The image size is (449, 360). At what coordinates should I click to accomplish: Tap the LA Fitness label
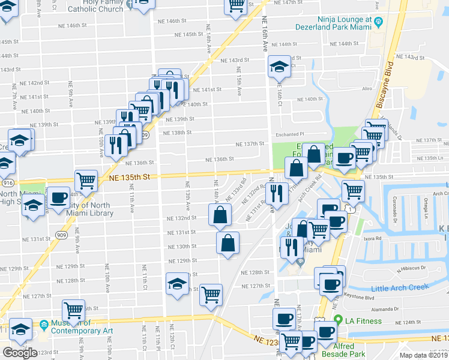click(363, 321)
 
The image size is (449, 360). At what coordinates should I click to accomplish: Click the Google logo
click(19, 352)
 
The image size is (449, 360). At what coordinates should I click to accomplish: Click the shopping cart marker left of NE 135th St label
click(86, 179)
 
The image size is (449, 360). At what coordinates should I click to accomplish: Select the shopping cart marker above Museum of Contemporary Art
click(74, 310)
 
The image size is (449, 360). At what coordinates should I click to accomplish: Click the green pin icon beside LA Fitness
click(339, 321)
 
